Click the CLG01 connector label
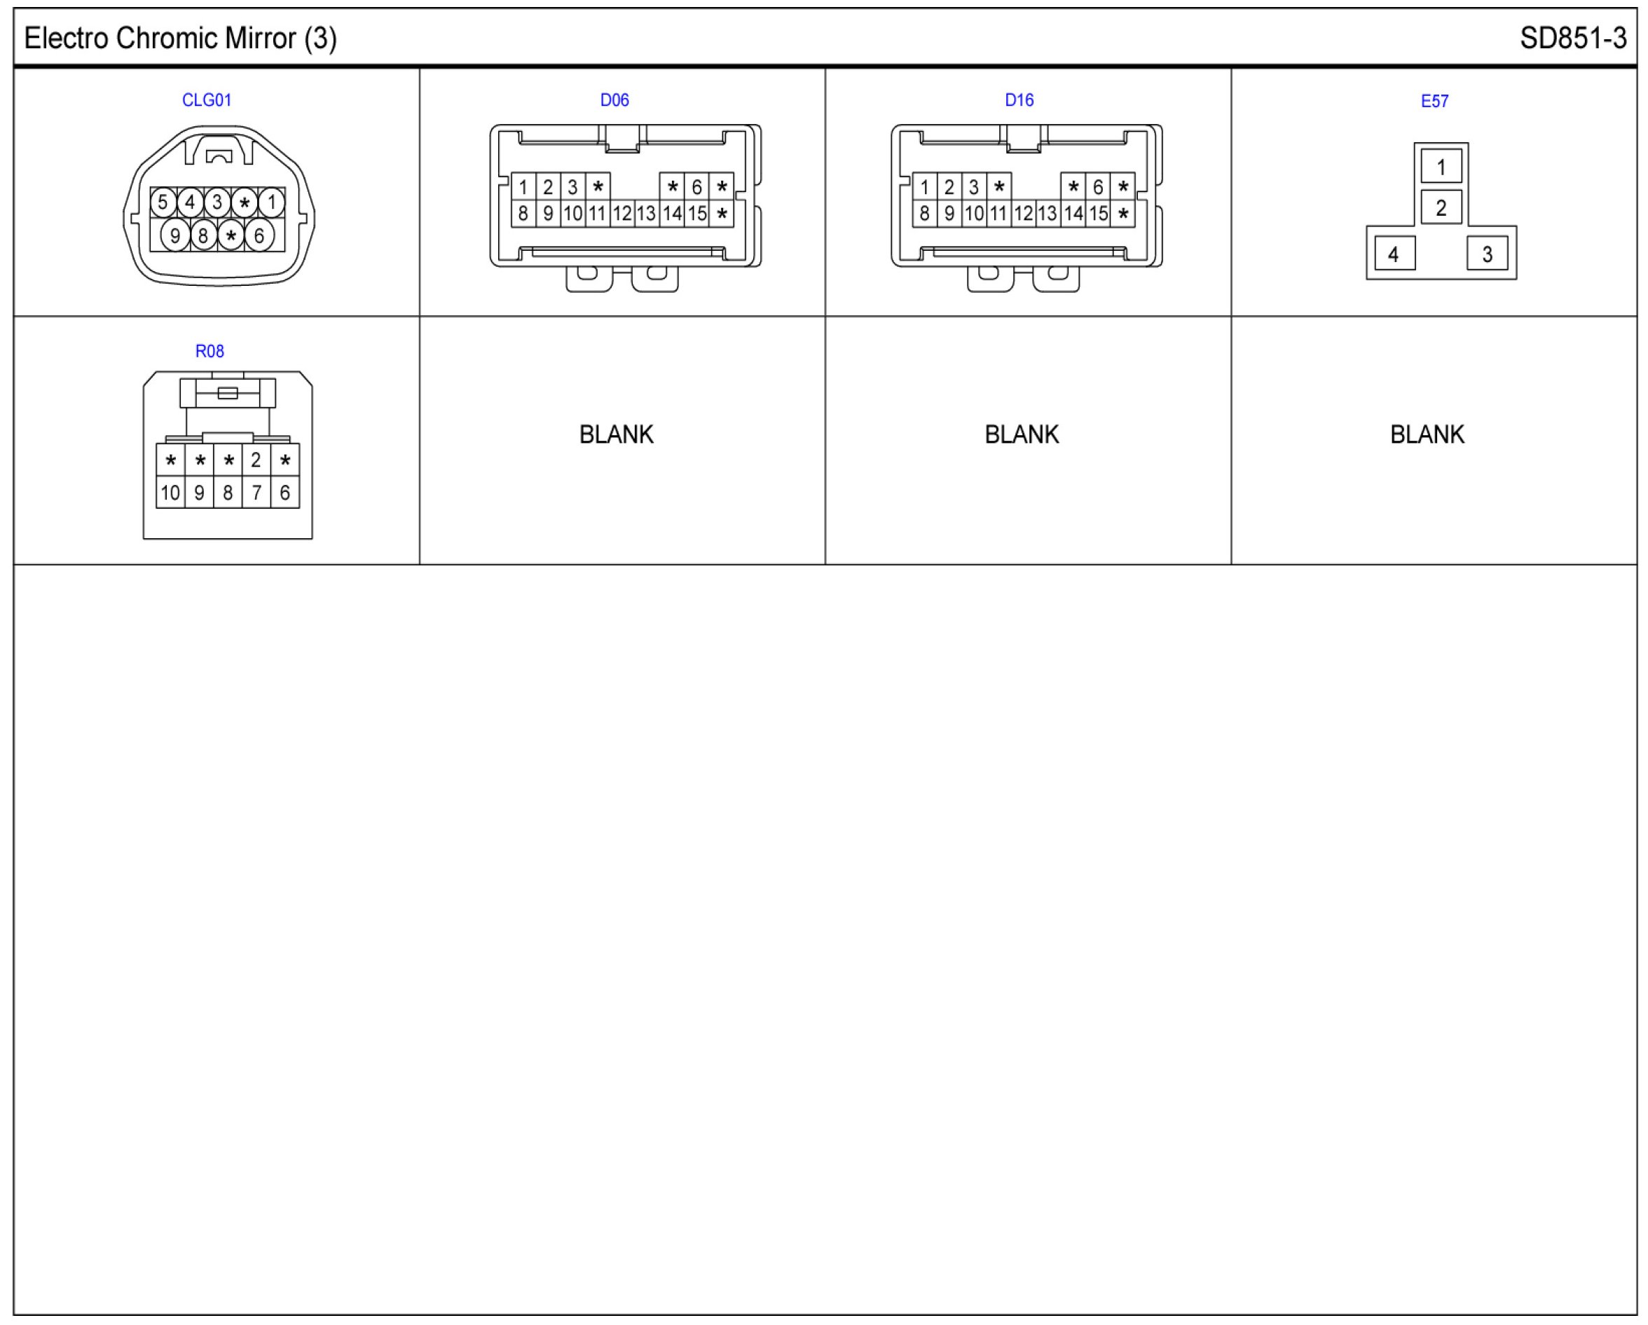[207, 100]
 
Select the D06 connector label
[614, 100]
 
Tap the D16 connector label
[1019, 100]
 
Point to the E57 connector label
[1434, 101]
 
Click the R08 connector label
[210, 351]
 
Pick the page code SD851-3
[1573, 39]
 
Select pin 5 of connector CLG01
[163, 202]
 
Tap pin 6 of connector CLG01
[259, 235]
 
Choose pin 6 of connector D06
[696, 186]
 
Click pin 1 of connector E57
[1441, 167]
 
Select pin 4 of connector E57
[1394, 254]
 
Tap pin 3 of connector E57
[1487, 254]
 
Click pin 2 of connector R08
[256, 460]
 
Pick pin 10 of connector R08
[170, 493]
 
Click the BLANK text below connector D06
[616, 434]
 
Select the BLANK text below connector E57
[1427, 434]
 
